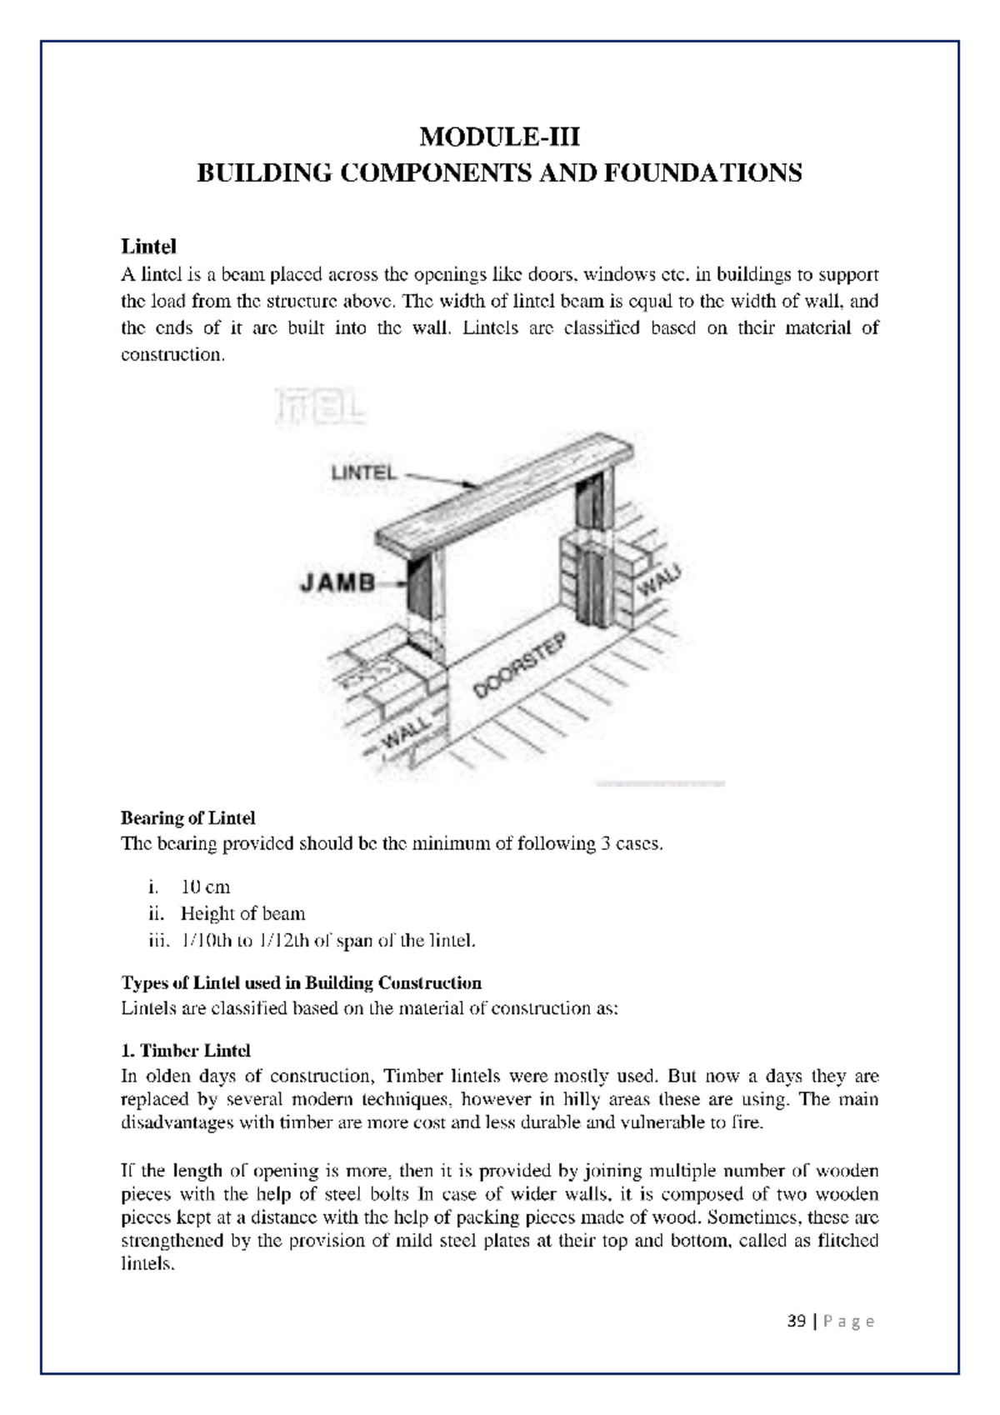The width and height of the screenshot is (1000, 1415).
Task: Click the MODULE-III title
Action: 499,136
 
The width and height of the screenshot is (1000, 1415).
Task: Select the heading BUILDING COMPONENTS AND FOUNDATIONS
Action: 499,173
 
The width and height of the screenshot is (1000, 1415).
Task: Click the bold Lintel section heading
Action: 149,247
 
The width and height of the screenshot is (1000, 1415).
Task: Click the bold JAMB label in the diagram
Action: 337,582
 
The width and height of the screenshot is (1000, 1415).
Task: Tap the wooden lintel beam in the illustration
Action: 508,492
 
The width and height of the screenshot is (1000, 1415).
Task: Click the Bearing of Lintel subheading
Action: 188,817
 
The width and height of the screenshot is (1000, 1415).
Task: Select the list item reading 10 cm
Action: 205,887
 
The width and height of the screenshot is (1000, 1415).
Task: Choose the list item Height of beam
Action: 242,913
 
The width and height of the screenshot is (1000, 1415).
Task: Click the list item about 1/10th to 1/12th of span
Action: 328,941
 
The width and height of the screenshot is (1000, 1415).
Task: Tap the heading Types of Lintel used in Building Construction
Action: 302,982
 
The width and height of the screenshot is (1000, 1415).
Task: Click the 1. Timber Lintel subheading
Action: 186,1050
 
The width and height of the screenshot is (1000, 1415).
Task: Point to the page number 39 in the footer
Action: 796,1322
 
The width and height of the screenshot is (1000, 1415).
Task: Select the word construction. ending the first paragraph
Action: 173,355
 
